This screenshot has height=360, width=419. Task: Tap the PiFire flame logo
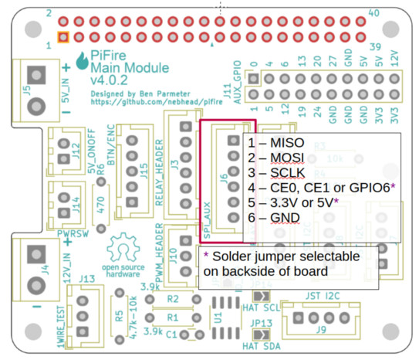coord(83,60)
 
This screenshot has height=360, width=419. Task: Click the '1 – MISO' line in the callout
coord(275,144)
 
